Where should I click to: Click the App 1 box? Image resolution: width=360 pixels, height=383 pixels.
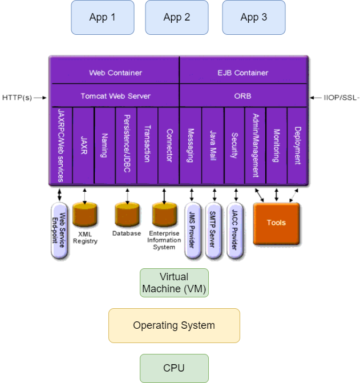pos(103,17)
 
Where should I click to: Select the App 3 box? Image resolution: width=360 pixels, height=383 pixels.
pos(253,17)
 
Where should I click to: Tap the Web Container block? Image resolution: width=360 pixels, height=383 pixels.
pos(115,72)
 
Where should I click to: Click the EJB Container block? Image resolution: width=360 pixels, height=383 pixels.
pos(242,72)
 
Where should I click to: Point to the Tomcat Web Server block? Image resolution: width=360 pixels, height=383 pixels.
pos(115,96)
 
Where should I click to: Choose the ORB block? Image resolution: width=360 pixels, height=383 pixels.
pos(242,96)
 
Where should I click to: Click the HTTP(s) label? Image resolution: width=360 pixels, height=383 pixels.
pos(17,98)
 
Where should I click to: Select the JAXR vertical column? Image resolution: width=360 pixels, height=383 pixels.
pos(84,145)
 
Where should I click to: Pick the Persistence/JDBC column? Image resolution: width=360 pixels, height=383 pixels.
pos(127,145)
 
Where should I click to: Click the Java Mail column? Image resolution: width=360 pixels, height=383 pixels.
pos(212,145)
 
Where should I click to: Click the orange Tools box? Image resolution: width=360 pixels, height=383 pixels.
pos(276,223)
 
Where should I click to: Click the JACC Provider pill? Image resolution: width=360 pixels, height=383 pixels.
pos(234,231)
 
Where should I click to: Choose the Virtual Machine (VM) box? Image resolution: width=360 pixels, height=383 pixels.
pos(174,283)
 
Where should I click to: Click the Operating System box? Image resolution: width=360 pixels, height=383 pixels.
pos(174,325)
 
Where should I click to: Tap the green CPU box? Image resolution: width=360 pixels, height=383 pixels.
pos(174,368)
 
